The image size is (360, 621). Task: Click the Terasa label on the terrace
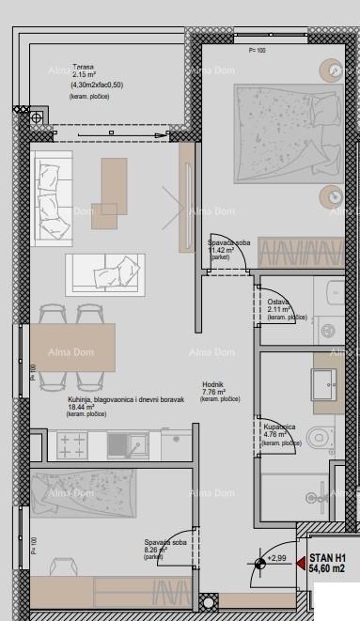(83, 69)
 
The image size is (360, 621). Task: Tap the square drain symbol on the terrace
(37, 117)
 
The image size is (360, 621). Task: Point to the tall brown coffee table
(115, 184)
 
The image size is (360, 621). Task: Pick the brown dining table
(73, 348)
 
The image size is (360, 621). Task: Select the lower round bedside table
(334, 195)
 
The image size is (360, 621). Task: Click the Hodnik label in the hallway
(213, 383)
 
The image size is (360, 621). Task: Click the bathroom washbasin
(324, 380)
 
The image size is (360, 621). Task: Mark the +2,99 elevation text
(277, 558)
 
